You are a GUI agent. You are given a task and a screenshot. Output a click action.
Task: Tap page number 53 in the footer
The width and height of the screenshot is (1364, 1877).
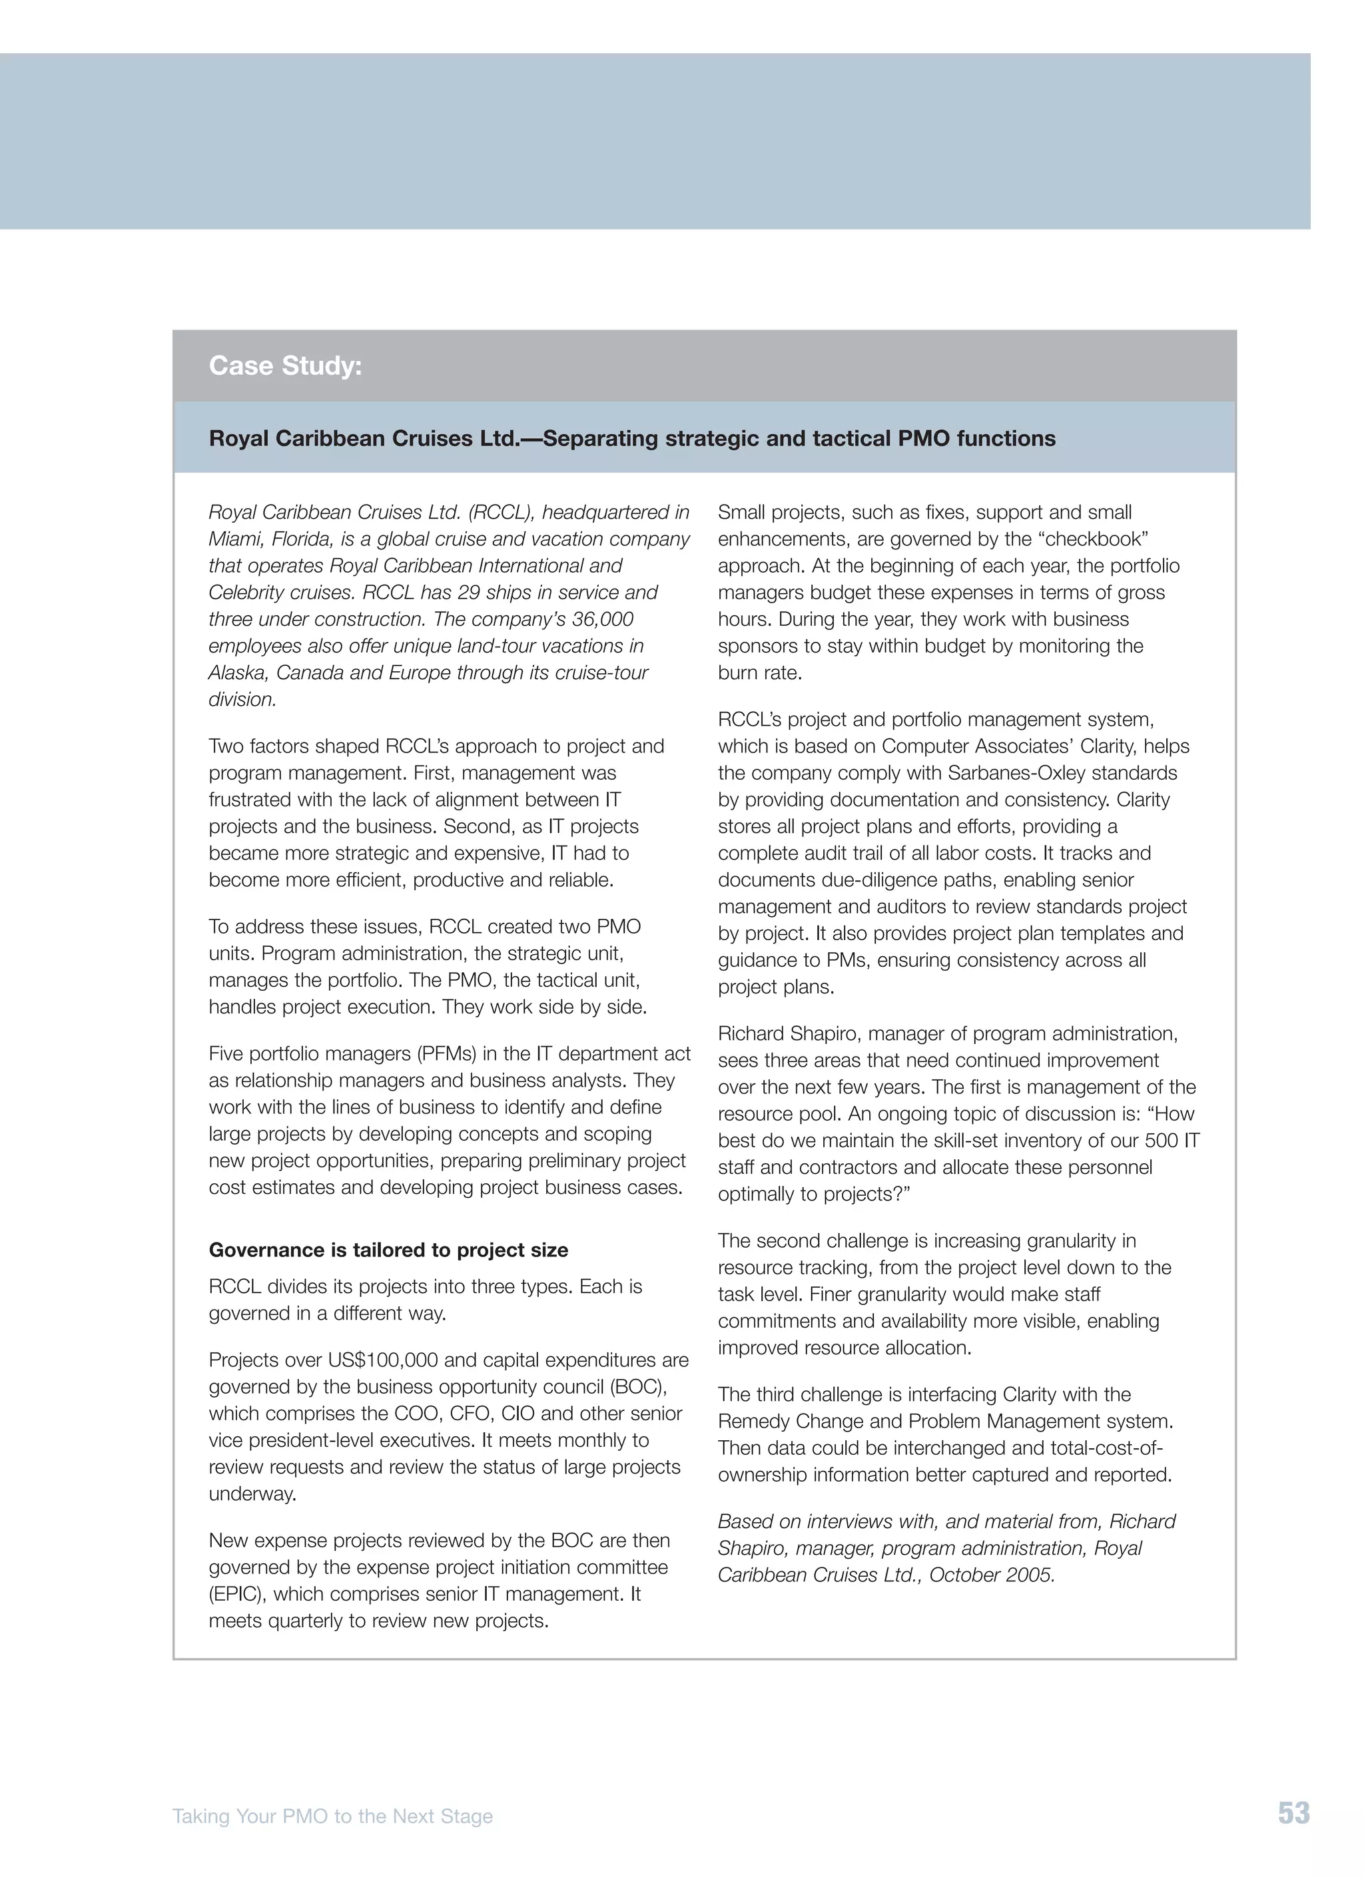(x=1293, y=1813)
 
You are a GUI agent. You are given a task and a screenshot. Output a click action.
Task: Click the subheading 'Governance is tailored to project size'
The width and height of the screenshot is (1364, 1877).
(x=388, y=1250)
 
